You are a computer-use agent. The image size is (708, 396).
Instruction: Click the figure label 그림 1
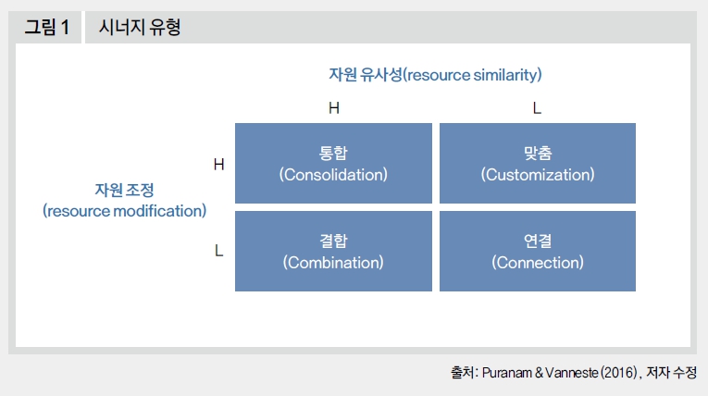coord(47,27)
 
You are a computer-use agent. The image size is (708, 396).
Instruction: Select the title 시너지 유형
coord(140,27)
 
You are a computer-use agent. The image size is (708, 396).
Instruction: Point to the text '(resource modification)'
coord(125,211)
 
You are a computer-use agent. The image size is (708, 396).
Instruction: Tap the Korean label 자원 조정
coord(124,190)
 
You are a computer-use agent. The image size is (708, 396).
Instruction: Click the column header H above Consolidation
coord(334,108)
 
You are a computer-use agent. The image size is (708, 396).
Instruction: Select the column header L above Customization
coord(537,108)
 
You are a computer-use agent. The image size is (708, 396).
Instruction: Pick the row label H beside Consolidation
coord(219,165)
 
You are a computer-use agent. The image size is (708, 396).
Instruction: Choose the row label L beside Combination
coord(219,250)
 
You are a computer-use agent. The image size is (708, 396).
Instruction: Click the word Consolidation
coord(333,175)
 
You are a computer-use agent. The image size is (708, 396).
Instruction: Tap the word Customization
coord(538,175)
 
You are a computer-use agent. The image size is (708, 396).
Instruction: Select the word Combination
coord(333,263)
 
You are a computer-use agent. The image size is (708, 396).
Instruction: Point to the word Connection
coord(538,263)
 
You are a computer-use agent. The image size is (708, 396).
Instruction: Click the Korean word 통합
coord(333,153)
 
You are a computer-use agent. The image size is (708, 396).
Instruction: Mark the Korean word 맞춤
coord(538,153)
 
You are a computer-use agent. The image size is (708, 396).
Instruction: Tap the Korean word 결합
coord(333,241)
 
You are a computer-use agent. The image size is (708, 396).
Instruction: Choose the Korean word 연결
coord(538,241)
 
